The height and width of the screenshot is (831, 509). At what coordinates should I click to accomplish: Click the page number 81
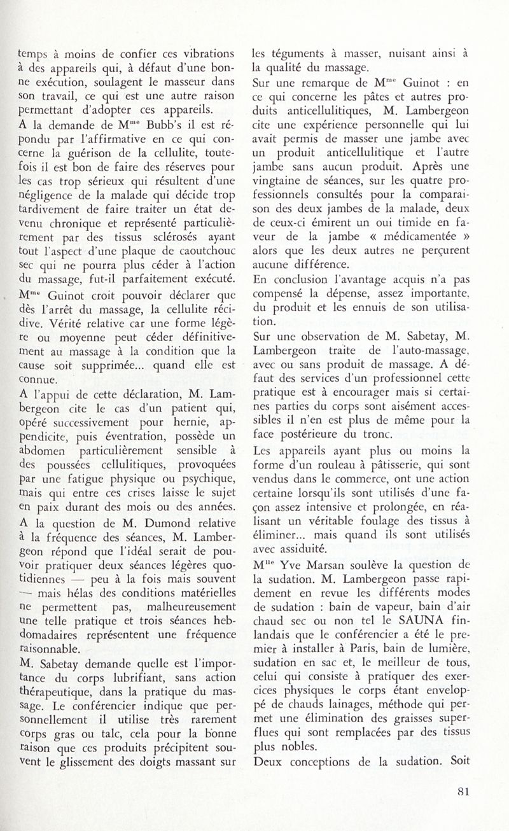click(463, 792)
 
